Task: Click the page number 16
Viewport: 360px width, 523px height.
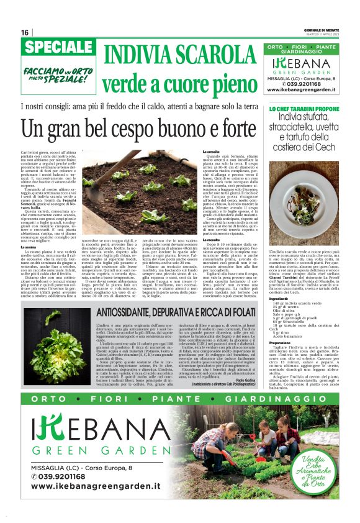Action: [25, 32]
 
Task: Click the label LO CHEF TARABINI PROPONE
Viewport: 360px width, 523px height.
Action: [303, 109]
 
